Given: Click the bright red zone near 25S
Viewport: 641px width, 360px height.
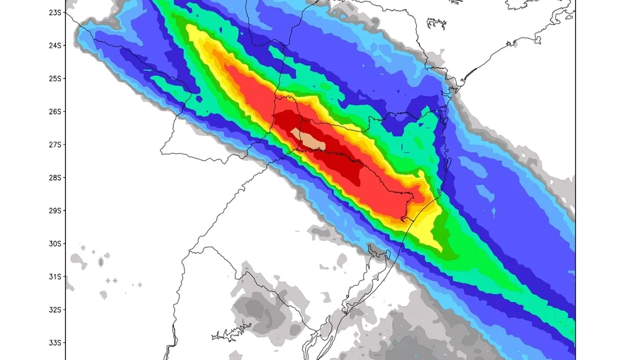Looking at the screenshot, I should pyautogui.click(x=245, y=85).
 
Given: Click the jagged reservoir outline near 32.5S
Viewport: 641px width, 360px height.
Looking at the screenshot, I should pyautogui.click(x=232, y=332).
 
